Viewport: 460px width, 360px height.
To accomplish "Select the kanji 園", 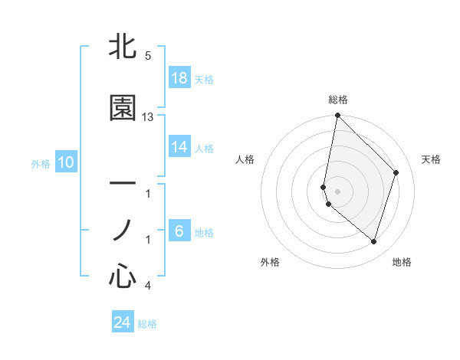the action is (123, 108).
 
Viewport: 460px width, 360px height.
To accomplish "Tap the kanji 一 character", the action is (123, 184).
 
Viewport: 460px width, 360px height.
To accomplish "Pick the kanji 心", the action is (123, 276).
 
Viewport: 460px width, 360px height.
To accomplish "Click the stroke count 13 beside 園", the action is (148, 117).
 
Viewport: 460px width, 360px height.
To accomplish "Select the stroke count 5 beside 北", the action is (147, 56).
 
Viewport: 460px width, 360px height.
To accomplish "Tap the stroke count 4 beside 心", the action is (147, 286).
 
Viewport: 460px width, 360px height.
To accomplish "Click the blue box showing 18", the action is (179, 78).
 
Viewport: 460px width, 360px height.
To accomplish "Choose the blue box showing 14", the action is (179, 147).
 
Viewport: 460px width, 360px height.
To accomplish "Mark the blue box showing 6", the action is (179, 231).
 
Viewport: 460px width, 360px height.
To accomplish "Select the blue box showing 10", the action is (66, 162).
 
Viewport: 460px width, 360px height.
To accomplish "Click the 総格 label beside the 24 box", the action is (147, 324).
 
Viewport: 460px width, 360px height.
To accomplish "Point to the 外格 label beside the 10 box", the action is (41, 163).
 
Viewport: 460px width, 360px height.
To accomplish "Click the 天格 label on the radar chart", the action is (431, 159).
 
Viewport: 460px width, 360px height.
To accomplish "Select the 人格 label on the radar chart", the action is (245, 159).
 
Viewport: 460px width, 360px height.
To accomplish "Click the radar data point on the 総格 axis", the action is (337, 116).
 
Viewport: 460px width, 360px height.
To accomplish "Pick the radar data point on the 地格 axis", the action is (373, 241).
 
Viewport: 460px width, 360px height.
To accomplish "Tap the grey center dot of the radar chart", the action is (337, 191).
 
